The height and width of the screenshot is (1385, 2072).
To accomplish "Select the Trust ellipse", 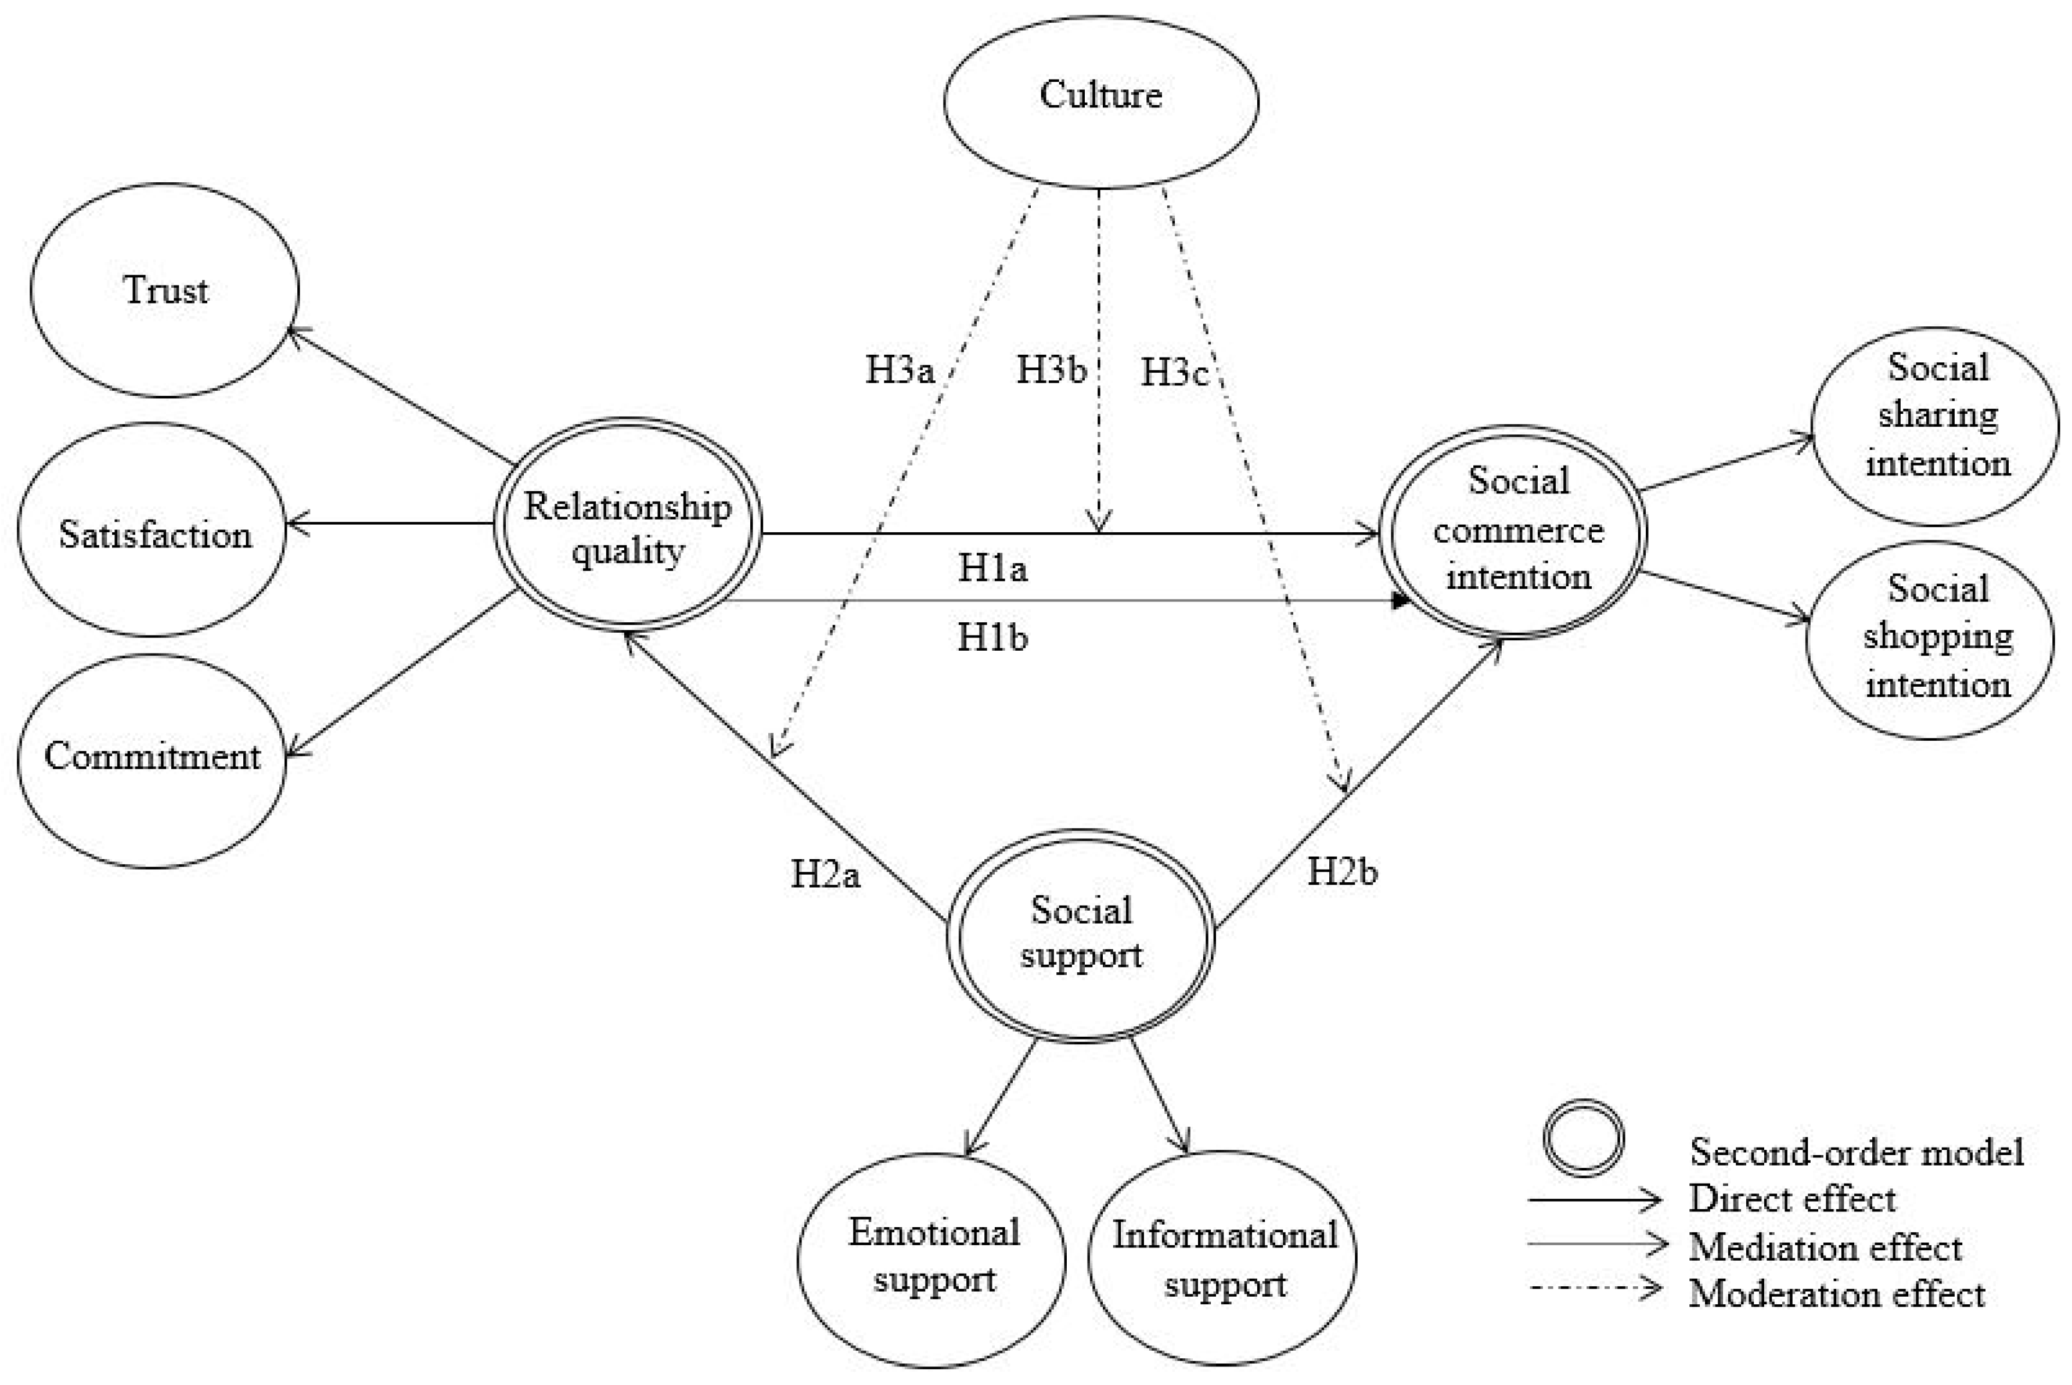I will [x=166, y=290].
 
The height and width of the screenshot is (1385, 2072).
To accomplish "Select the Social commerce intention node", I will [x=1517, y=530].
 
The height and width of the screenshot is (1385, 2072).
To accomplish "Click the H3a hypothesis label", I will [x=900, y=370].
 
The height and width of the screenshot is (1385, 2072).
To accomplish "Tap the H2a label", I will [x=825, y=874].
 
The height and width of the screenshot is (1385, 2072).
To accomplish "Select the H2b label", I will [x=1342, y=872].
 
